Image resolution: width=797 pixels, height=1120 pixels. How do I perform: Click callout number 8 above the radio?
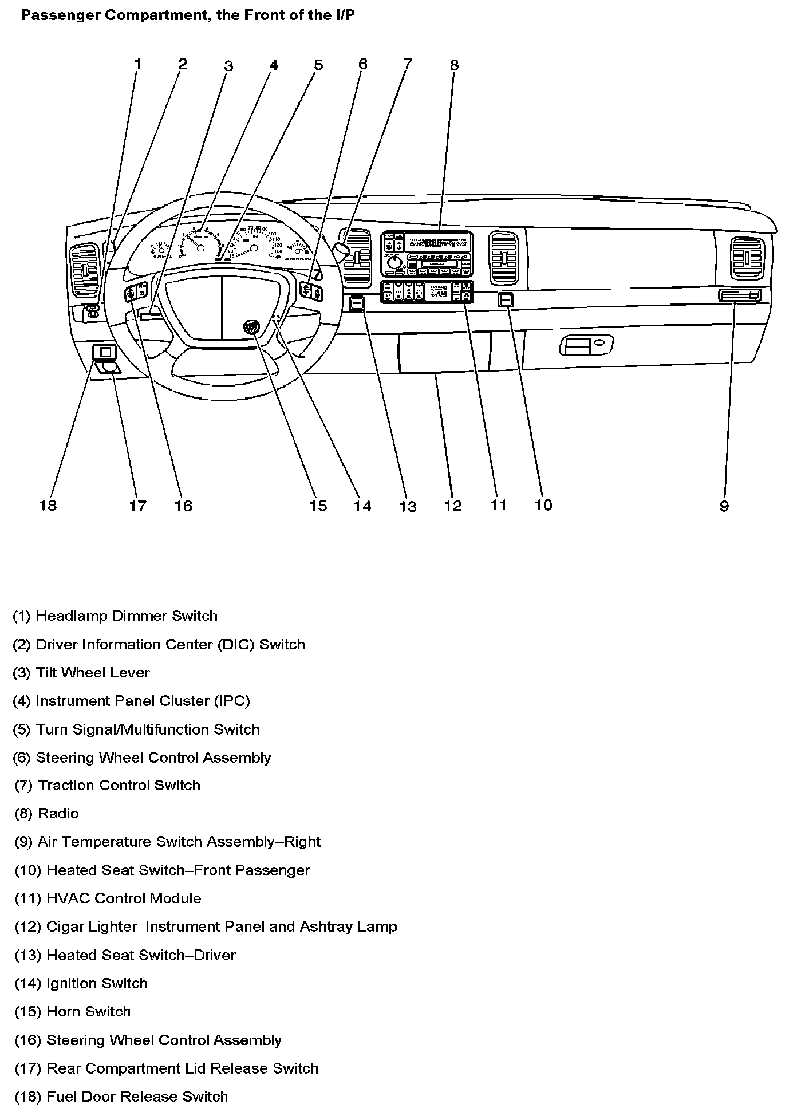(x=454, y=65)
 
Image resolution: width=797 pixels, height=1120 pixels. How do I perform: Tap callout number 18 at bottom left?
(x=49, y=506)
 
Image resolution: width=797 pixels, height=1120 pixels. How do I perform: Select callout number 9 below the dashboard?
(x=724, y=506)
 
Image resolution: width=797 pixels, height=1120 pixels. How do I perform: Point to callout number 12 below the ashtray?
(x=452, y=506)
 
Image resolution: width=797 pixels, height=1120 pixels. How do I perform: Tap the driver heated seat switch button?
(x=357, y=303)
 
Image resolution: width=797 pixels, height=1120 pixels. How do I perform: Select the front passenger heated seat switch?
(x=506, y=299)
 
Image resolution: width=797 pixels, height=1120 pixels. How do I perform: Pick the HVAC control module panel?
(x=427, y=291)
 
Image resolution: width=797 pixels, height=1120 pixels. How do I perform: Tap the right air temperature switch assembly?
(x=739, y=295)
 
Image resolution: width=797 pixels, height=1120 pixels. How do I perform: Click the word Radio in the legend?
(x=58, y=814)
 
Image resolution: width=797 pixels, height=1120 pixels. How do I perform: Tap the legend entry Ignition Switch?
(x=97, y=984)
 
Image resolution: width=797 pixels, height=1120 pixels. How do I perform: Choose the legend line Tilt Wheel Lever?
(x=92, y=673)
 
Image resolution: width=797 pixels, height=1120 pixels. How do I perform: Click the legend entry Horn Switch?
(x=88, y=1012)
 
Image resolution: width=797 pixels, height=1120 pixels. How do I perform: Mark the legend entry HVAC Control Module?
(x=124, y=898)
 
